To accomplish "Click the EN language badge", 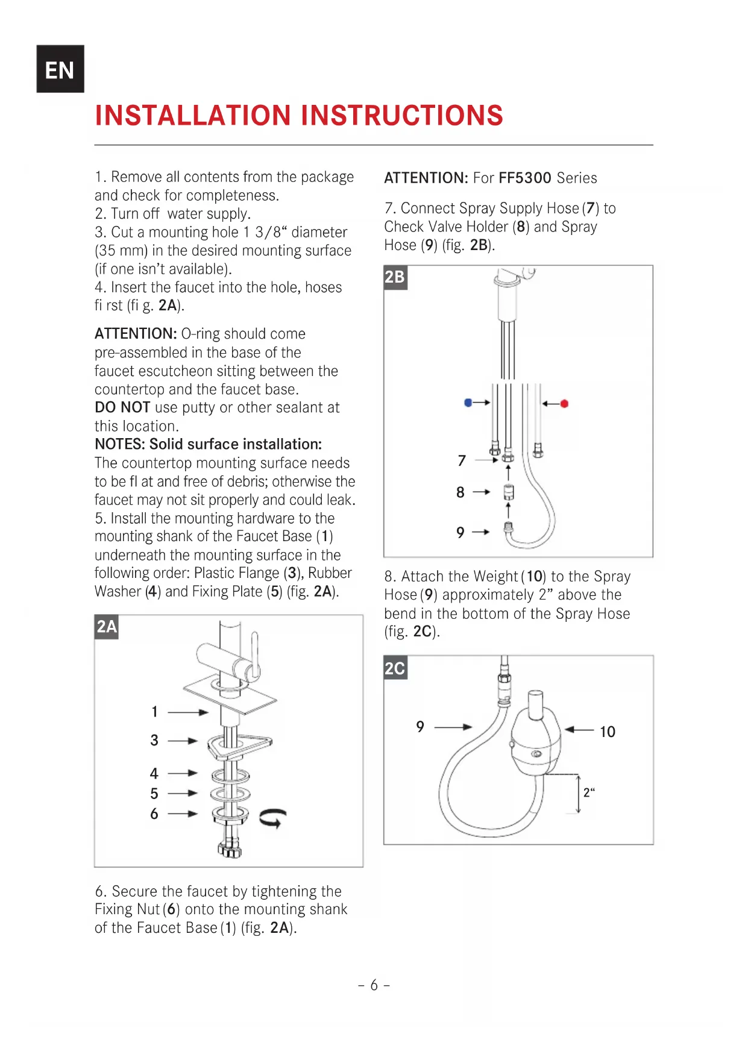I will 60,69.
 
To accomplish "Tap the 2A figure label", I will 107,627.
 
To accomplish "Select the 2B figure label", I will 395,277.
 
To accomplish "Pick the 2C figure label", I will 395,668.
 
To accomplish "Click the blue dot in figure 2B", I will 468,403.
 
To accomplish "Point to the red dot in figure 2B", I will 564,403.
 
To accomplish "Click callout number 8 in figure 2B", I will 460,492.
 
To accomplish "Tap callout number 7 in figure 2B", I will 462,461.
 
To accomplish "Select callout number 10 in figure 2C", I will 607,732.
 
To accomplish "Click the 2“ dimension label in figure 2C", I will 588,792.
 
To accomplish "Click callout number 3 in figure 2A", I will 154,740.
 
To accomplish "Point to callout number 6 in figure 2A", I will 154,814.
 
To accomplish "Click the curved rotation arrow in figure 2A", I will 273,818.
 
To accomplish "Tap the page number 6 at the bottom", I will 374,985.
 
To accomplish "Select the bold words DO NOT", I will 122,407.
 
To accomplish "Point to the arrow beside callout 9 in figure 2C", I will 453,727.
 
